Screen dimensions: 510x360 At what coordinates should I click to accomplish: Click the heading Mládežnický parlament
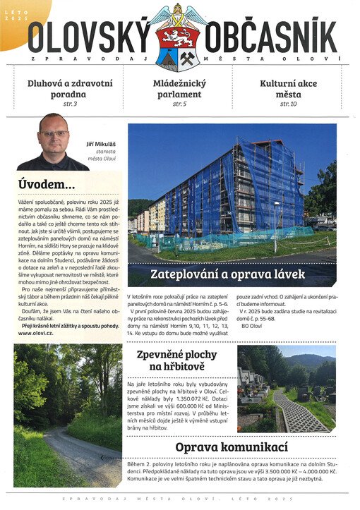[x=179, y=88]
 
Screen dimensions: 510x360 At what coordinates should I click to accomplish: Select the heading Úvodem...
[x=47, y=185]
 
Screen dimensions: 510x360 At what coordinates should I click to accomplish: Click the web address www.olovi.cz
[x=37, y=333]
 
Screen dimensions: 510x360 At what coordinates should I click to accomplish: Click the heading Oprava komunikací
[x=232, y=447]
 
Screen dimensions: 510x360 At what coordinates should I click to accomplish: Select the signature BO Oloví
[x=253, y=325]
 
